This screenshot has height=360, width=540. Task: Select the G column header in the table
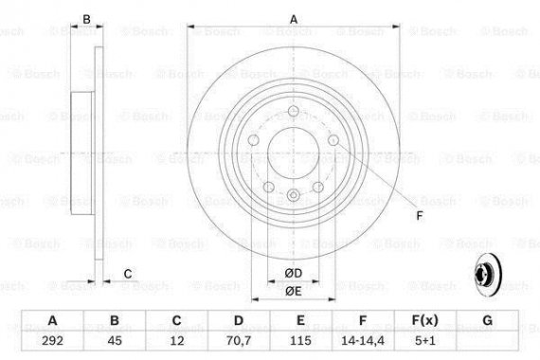486,322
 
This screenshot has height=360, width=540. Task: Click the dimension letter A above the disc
293,18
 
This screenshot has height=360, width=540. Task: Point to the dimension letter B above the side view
86,18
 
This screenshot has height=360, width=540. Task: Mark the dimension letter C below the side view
129,276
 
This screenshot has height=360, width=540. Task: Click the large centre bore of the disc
294,154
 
